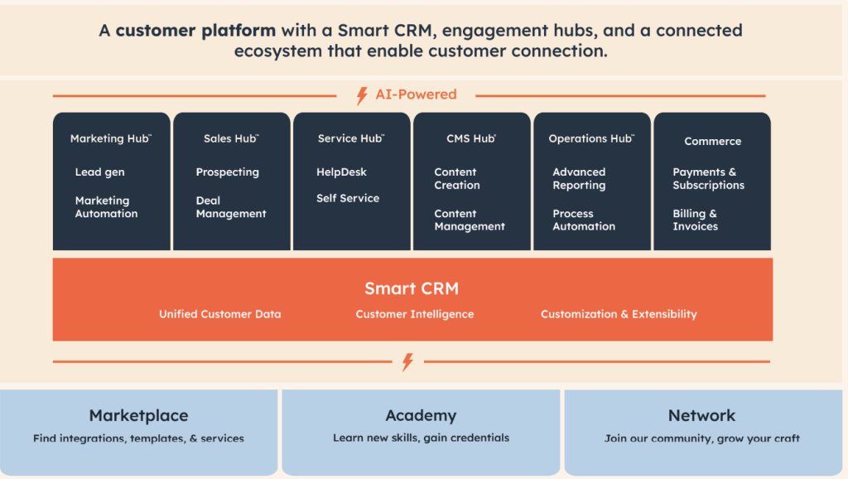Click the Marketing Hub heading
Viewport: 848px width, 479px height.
(110, 139)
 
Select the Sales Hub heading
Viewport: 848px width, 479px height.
(231, 139)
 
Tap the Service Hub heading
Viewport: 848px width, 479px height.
(350, 139)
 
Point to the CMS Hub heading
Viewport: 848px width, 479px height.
(470, 139)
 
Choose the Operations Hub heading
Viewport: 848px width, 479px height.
(590, 139)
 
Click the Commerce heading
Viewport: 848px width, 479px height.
(712, 142)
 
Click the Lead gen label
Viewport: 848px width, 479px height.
(99, 172)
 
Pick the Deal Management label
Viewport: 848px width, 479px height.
(231, 207)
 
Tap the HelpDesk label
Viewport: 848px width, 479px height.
(341, 172)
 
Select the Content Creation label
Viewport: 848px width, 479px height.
(456, 179)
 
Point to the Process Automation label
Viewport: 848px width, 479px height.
(584, 220)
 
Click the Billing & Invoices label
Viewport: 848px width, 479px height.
(695, 220)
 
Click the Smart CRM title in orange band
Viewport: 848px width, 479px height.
(412, 289)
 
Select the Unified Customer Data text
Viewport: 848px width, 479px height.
(219, 315)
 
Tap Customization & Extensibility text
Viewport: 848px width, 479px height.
(619, 315)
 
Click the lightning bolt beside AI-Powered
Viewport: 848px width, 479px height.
(362, 95)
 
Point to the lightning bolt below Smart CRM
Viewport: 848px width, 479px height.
(407, 362)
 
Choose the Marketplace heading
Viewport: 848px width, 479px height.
(138, 416)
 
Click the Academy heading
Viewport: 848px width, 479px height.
(421, 416)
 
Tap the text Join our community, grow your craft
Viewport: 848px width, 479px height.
(702, 438)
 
